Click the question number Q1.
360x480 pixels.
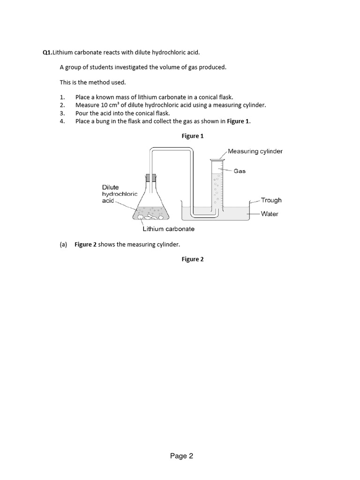47,52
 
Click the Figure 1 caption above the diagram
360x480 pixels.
193,136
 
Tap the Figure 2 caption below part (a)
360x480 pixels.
193,259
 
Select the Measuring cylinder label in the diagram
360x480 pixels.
255,151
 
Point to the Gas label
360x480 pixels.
240,171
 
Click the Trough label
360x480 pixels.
271,200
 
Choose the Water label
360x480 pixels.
270,214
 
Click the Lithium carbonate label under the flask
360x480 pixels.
168,229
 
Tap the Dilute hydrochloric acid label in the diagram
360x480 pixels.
120,194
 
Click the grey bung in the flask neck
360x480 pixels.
151,178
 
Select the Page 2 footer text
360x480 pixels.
181,456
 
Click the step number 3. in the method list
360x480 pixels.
62,113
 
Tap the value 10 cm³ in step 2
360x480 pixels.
108,105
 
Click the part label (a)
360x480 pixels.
64,244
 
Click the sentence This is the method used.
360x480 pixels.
93,82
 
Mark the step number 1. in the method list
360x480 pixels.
62,97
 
